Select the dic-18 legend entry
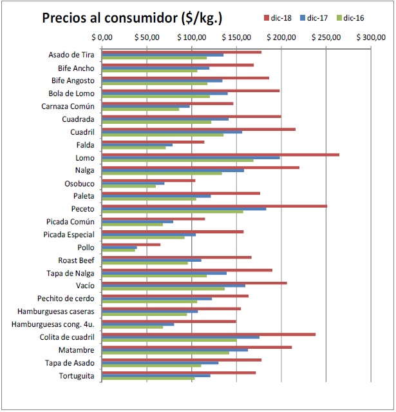click(278, 18)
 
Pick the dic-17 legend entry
click(314, 18)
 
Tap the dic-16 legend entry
click(350, 18)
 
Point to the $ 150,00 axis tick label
click(236, 37)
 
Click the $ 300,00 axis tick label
click(371, 37)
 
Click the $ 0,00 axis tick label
click(102, 37)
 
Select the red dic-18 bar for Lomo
click(220, 155)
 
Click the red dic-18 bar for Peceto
click(214, 206)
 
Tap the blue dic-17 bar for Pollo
click(119, 248)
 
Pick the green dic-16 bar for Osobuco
click(129, 186)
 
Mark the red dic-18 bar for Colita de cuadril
click(209, 335)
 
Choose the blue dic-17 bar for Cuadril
click(172, 132)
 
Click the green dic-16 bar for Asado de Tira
click(155, 58)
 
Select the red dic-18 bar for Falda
click(153, 142)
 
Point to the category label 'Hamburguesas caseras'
click(56, 311)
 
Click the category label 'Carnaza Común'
click(68, 106)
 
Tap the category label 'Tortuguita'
click(77, 376)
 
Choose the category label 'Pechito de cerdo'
click(66, 299)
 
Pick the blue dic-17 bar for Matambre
click(174, 350)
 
